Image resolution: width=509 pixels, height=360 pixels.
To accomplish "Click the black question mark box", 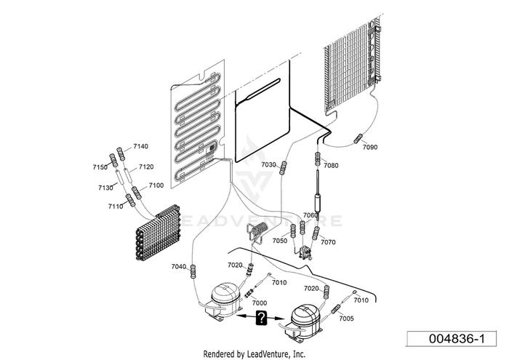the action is (x=261, y=317).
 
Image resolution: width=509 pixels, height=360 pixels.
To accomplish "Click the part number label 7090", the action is (x=370, y=147).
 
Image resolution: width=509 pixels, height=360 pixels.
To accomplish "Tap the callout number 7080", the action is (x=331, y=165).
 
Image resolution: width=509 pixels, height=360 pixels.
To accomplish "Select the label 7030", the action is (x=268, y=165).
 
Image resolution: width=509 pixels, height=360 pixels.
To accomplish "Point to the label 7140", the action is (x=140, y=146).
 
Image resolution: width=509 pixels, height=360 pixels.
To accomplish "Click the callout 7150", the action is (x=100, y=167).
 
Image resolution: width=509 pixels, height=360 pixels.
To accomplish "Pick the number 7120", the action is (x=146, y=167).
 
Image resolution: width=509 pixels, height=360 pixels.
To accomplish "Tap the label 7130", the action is (x=106, y=188).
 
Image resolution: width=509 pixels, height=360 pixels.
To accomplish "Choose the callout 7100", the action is (x=156, y=185).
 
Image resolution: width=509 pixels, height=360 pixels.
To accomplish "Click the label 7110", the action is (x=116, y=207).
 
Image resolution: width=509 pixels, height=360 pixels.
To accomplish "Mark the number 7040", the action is (x=179, y=267).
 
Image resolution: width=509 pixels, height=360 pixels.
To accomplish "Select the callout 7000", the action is (x=260, y=303).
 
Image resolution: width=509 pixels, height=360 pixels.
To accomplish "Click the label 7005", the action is (x=346, y=319).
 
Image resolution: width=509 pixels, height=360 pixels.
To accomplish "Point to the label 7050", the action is (x=280, y=241).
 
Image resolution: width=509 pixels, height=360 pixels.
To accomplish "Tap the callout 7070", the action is (x=328, y=242).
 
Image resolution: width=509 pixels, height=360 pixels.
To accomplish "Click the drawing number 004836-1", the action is (x=457, y=339).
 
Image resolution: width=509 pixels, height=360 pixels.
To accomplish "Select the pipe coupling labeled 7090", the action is (x=358, y=138).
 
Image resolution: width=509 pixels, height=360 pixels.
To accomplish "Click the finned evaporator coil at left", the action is (x=158, y=233).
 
